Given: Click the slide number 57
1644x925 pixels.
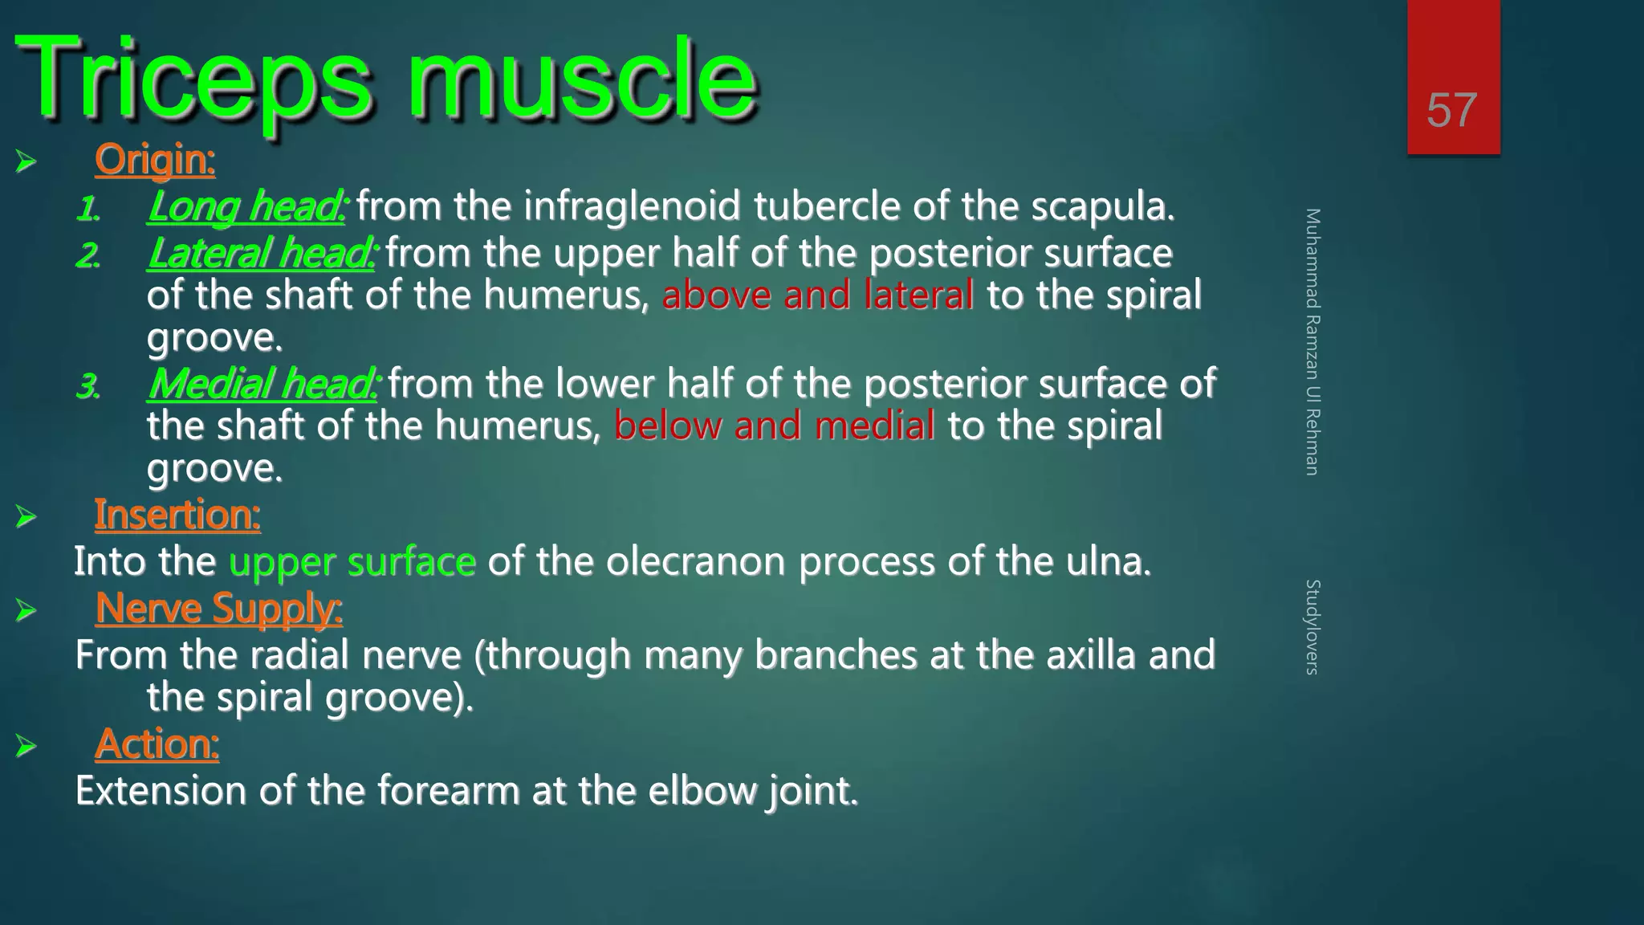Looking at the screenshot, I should click(1451, 110).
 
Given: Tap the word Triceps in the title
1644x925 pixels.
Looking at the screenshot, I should click(193, 80).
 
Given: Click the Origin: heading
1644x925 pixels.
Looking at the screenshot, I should click(155, 160).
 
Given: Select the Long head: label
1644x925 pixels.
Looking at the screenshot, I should click(246, 206).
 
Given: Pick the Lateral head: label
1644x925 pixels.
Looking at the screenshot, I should click(261, 254).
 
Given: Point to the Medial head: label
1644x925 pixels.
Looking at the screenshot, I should click(262, 384).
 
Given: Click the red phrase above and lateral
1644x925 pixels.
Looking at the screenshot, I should click(817, 295).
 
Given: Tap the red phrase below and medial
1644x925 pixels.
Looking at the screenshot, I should click(774, 426).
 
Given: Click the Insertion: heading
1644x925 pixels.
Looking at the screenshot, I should click(177, 515).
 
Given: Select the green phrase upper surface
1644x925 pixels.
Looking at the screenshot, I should click(352, 561).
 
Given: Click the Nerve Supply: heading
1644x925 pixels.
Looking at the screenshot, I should click(218, 608).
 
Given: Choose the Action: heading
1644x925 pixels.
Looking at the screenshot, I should click(157, 744).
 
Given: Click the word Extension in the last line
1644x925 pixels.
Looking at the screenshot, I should click(160, 791).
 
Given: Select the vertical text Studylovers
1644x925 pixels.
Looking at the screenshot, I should click(1312, 627).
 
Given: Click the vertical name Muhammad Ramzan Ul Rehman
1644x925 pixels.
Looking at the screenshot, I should click(1312, 342).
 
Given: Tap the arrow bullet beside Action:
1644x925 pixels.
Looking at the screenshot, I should click(26, 746).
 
